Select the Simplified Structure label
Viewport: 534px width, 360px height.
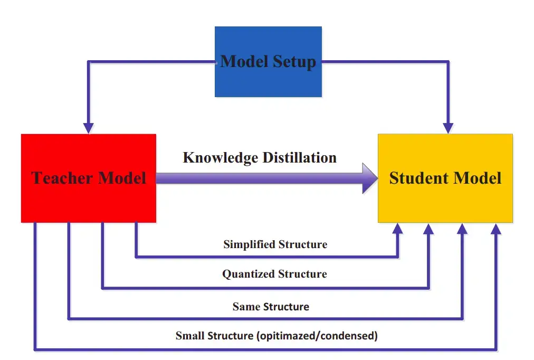pos(275,244)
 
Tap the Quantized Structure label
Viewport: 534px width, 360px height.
pos(274,274)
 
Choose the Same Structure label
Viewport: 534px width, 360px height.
pos(271,306)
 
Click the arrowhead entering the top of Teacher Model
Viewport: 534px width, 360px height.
pos(88,128)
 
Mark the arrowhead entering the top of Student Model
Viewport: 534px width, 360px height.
pos(448,128)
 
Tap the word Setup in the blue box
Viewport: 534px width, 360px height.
pos(294,62)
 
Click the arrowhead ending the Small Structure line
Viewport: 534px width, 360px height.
pos(496,228)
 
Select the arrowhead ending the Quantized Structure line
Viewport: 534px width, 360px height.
pos(429,228)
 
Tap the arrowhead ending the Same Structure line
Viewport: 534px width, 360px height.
pos(463,228)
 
